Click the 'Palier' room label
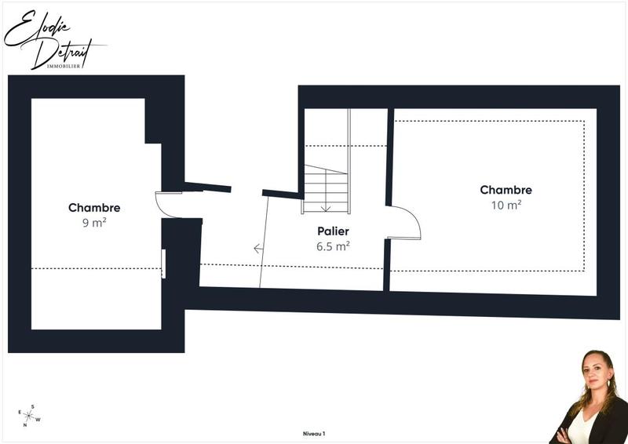[333, 231]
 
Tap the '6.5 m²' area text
[333, 246]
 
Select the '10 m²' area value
[506, 205]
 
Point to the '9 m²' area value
[94, 222]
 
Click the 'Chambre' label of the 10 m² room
[506, 190]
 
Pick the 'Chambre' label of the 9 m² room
[94, 208]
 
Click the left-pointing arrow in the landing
[258, 249]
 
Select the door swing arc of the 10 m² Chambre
[409, 221]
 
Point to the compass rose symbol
[30, 416]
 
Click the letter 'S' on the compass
[32, 406]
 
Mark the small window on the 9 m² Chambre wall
[163, 263]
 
